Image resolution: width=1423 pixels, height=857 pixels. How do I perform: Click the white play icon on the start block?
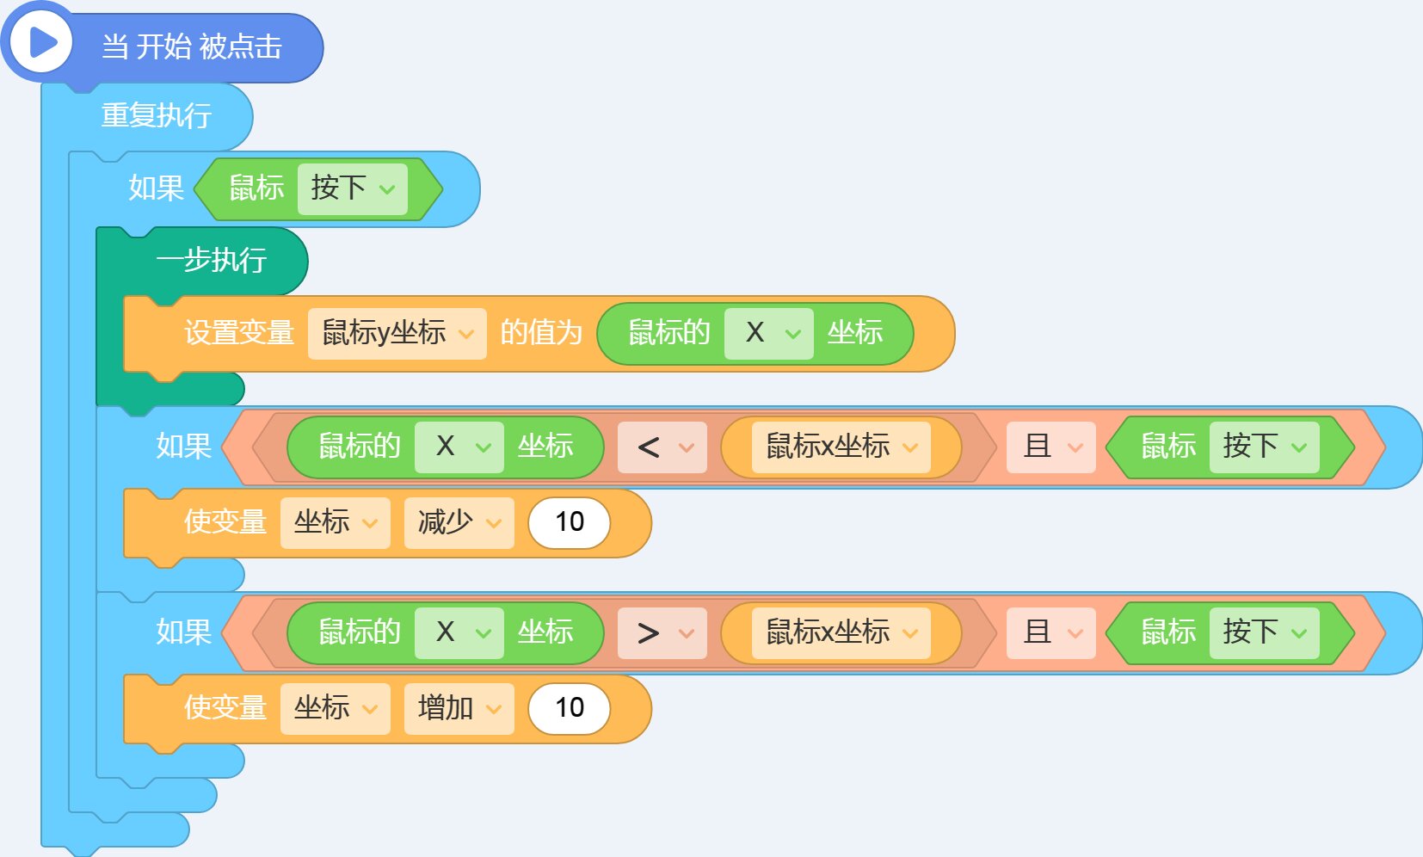[x=42, y=43]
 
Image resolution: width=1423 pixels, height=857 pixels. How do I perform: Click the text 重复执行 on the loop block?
[x=157, y=115]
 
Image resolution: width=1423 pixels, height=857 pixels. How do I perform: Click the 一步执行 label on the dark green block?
[x=212, y=260]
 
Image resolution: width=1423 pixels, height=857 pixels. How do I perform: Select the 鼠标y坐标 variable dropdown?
[x=397, y=334]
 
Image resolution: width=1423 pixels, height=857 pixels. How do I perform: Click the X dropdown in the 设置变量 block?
[x=768, y=334]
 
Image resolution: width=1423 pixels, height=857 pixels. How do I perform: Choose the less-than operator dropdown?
[x=662, y=447]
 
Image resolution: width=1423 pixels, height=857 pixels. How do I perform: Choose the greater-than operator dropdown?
[x=662, y=633]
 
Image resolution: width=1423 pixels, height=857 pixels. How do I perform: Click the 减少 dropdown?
[x=459, y=523]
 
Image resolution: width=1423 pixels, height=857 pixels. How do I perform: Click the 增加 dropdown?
[x=459, y=708]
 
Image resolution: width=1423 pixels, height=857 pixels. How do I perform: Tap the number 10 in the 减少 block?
[x=570, y=522]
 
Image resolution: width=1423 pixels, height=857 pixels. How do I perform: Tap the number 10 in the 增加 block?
[x=570, y=708]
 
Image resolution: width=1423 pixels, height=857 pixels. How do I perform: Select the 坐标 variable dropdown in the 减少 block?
[x=335, y=523]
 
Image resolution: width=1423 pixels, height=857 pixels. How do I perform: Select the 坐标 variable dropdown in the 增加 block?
[x=335, y=708]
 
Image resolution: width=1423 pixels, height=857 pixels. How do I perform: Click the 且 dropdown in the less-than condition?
[x=1050, y=447]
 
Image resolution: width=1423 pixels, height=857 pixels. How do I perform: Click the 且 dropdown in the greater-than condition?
[x=1050, y=633]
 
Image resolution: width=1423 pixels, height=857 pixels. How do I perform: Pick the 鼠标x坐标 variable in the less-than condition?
[x=841, y=447]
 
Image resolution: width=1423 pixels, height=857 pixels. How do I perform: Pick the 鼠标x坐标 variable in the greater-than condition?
[x=841, y=633]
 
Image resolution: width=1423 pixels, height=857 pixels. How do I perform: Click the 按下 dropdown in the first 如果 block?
[x=353, y=188]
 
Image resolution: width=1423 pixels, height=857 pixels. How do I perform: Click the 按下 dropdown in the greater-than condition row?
[x=1264, y=633]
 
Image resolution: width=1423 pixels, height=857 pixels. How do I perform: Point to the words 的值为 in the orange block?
[x=541, y=333]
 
